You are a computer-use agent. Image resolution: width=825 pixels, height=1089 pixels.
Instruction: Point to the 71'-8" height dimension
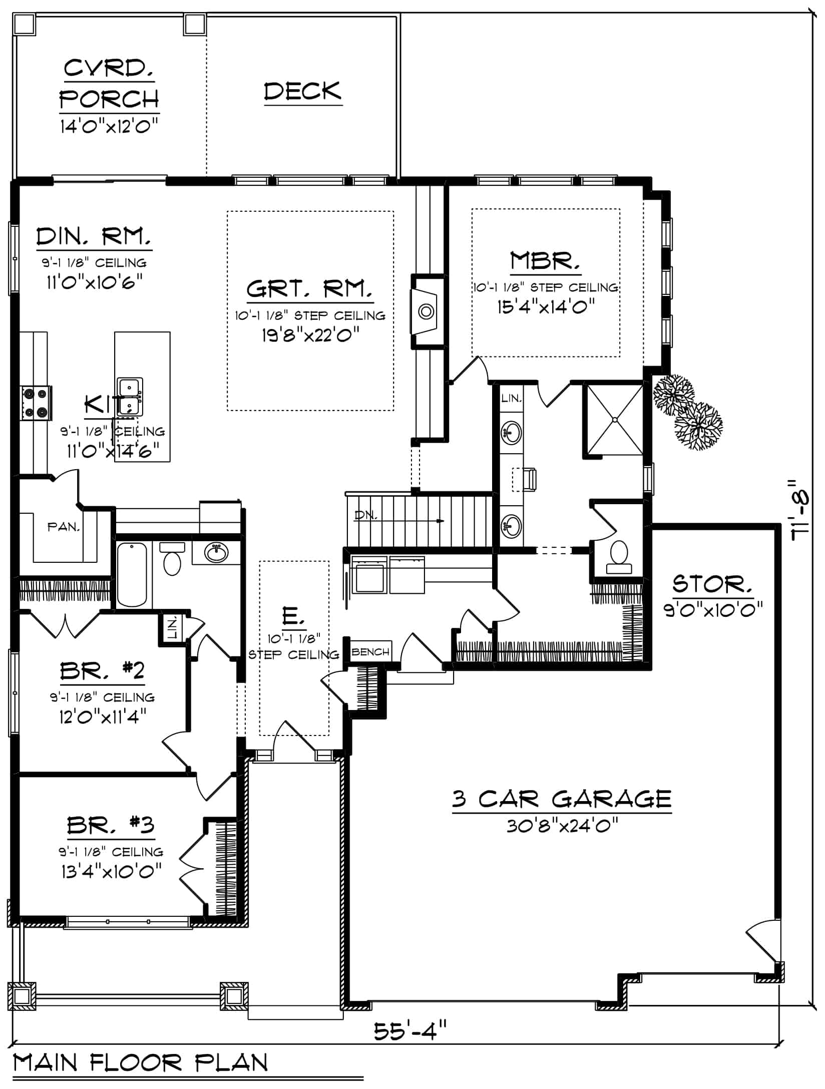801,510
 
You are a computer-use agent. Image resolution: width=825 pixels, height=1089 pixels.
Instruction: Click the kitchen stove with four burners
36,403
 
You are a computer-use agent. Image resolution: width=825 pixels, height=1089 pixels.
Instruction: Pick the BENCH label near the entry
370,651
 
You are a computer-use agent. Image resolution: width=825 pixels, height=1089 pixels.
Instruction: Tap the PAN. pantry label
63,527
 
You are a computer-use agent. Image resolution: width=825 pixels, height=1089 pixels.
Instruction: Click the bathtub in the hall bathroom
132,574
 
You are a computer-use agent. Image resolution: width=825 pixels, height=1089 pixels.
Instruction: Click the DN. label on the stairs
365,515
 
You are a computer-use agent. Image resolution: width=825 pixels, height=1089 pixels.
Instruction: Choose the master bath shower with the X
614,420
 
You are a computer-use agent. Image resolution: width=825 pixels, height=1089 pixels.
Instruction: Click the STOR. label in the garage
712,584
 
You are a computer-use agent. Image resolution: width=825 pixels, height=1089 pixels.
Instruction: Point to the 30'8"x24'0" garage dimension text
562,825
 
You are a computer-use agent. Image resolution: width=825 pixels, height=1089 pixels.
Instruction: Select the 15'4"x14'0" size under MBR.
545,306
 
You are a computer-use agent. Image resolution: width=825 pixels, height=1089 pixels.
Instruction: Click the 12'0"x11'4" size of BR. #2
102,717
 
